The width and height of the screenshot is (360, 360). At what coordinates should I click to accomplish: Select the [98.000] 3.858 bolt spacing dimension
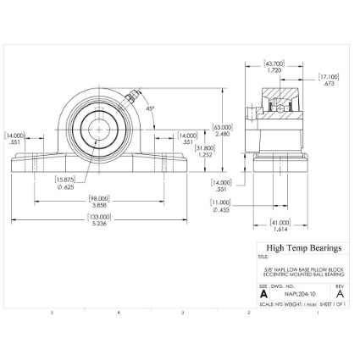100,201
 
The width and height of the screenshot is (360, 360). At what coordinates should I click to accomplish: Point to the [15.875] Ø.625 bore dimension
67,182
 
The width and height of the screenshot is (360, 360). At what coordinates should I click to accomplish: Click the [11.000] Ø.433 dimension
221,206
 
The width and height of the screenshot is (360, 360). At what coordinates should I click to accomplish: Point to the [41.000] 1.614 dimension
280,226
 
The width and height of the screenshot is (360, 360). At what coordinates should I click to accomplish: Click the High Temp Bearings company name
303,248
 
